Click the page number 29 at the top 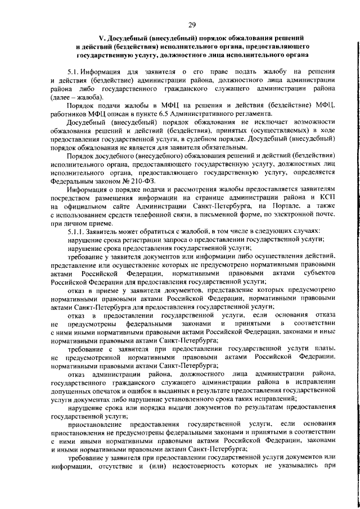[192, 25]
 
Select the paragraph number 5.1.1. [76, 231]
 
